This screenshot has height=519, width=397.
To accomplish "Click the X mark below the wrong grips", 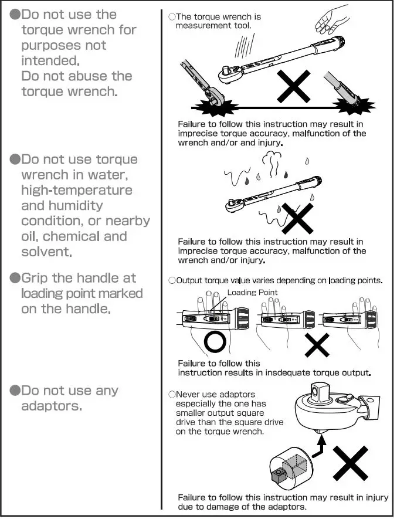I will [x=317, y=345].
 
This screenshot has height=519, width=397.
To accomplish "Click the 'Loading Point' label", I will [x=252, y=293].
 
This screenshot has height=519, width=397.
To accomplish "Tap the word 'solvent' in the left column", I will [x=46, y=252].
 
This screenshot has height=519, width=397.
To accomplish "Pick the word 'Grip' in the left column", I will [x=36, y=277].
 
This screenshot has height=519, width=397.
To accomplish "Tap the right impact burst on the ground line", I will [x=357, y=107].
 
